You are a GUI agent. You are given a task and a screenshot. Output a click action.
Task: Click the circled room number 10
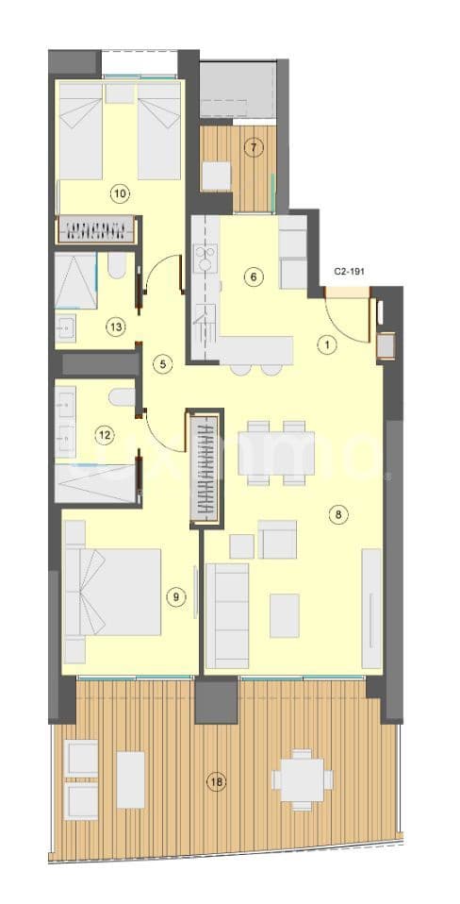(120, 194)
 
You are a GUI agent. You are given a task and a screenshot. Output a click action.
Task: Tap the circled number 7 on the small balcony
(252, 146)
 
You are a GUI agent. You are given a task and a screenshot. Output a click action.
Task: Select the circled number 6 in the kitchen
(253, 276)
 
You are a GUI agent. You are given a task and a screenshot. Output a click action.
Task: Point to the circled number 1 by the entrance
(327, 344)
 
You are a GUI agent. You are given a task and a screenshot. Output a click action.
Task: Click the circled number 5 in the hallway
(162, 362)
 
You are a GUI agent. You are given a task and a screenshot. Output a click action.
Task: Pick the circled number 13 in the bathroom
(115, 327)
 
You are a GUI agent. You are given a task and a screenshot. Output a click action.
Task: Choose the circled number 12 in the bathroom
(105, 435)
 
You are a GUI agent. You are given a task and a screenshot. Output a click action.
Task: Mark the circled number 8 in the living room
(338, 514)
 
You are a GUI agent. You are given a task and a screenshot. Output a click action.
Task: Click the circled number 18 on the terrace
(218, 781)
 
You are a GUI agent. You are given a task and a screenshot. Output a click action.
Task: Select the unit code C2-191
(350, 271)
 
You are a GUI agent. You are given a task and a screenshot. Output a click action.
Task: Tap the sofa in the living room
(226, 614)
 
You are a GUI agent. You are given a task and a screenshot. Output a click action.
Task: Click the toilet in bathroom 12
(122, 398)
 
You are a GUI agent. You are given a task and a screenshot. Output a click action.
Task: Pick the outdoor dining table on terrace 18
(302, 779)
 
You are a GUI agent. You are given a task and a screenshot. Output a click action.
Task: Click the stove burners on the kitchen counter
(205, 258)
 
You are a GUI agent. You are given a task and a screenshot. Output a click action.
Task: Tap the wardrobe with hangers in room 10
(98, 229)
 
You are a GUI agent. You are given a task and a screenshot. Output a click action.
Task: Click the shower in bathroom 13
(75, 280)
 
